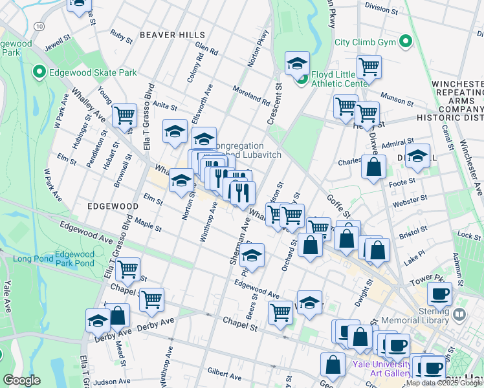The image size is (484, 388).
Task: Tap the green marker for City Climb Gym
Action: (406, 43)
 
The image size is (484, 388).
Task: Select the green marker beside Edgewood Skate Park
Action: (39, 72)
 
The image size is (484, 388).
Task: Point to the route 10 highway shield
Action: (39, 26)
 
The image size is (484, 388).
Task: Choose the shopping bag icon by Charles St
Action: (373, 167)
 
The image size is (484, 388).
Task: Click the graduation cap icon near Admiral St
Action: (417, 156)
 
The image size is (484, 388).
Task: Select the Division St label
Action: (381, 8)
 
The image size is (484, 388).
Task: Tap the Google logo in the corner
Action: (21, 380)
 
